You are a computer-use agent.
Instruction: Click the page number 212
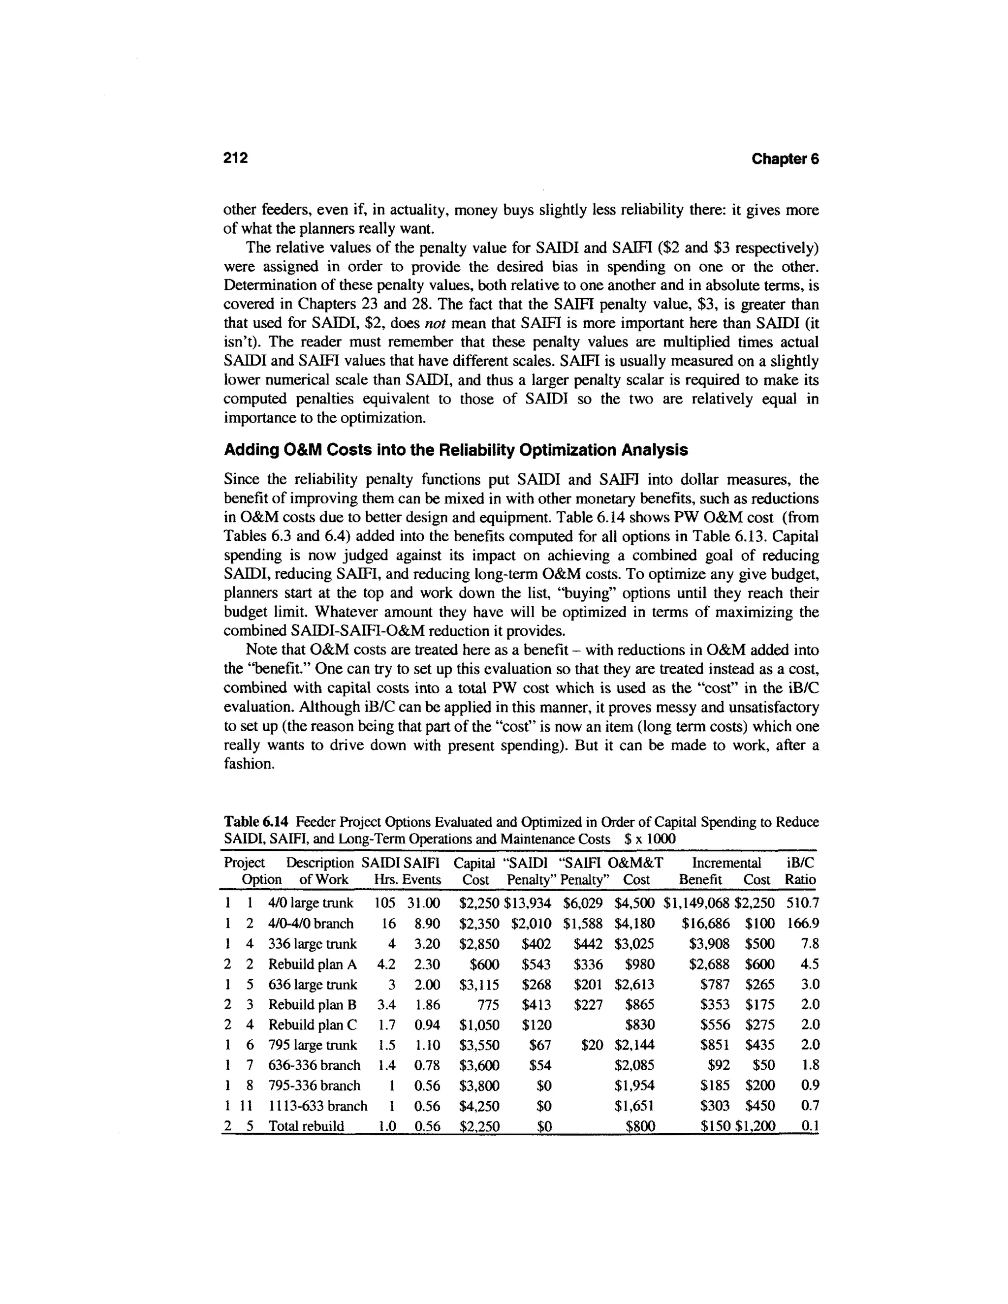235,157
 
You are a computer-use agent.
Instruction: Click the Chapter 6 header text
785,159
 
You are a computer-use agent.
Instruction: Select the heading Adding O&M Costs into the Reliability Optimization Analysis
456,450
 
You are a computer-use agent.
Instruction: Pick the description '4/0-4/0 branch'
311,924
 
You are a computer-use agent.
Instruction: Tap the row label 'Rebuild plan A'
313,964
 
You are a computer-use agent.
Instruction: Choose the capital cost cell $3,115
479,985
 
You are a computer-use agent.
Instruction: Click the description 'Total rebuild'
306,1126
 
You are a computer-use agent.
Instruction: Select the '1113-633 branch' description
317,1106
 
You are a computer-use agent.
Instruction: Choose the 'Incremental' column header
725,863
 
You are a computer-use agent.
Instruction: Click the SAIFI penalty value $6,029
582,903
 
